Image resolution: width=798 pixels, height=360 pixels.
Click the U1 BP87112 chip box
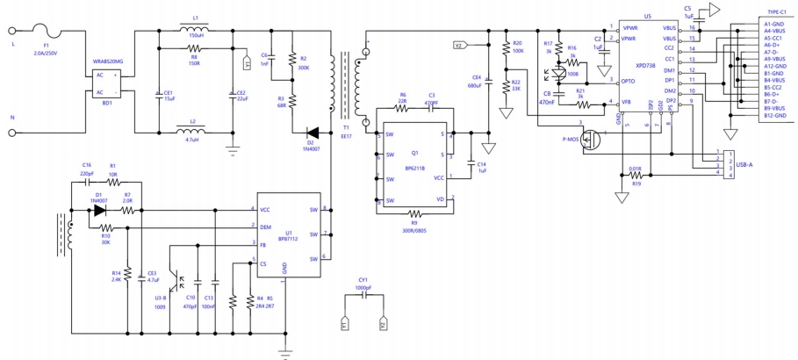(x=291, y=234)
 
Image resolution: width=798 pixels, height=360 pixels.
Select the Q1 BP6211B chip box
(x=414, y=160)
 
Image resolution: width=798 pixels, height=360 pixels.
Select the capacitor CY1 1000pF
(x=363, y=296)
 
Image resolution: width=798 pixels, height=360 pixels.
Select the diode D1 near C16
(x=99, y=210)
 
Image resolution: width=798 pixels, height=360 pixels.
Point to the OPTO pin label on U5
(x=627, y=81)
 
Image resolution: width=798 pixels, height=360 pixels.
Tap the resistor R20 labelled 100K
(x=506, y=50)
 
